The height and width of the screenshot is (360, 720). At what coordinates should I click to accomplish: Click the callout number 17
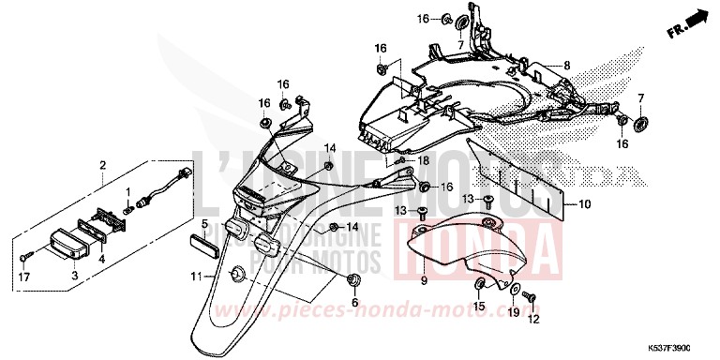[x=23, y=276]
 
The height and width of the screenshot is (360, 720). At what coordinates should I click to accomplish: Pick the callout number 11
[x=197, y=276]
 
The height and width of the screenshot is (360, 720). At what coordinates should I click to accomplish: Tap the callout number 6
[x=354, y=302]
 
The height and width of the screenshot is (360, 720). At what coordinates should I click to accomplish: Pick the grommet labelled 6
[x=353, y=281]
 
